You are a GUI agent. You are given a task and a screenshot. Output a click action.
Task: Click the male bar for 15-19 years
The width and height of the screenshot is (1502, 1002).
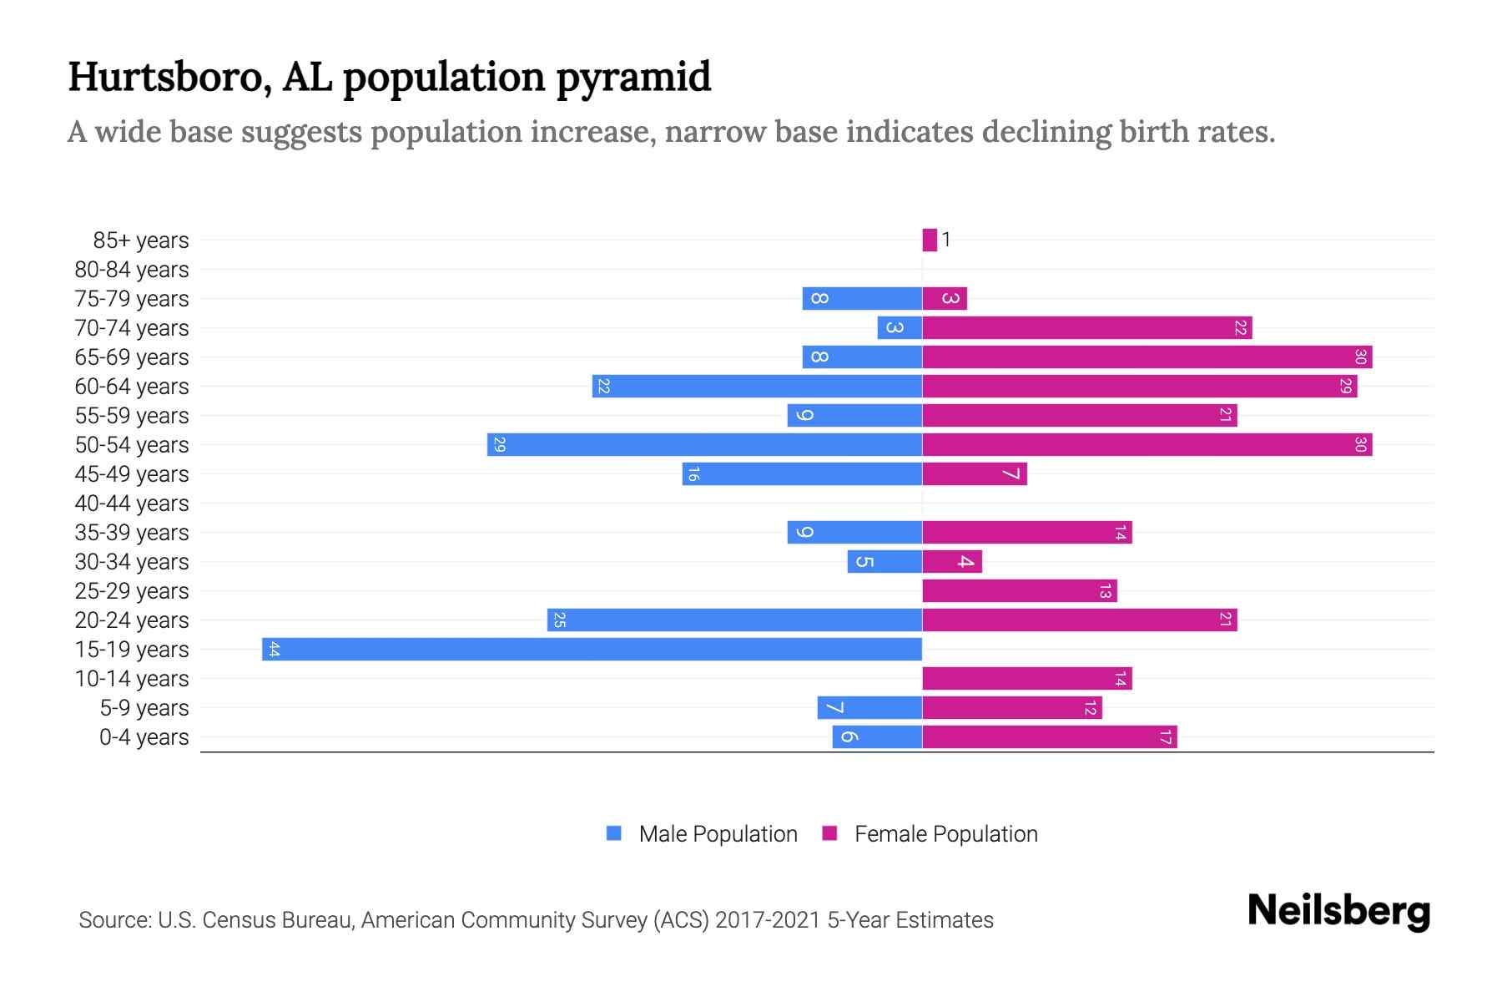[x=592, y=650]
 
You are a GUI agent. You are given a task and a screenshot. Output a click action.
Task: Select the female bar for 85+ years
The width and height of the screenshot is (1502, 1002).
[x=930, y=240]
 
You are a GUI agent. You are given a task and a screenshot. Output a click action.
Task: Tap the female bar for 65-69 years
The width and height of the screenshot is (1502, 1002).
[x=1147, y=357]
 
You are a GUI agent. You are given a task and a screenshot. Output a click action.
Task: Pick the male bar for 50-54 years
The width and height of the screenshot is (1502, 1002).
[x=704, y=445]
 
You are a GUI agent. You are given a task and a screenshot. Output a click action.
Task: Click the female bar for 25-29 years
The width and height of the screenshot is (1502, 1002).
[x=1020, y=591]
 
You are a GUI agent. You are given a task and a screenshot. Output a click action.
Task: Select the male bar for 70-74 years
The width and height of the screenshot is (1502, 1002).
[x=900, y=328]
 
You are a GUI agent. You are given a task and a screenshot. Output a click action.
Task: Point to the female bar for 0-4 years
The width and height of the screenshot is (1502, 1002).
[x=1050, y=737]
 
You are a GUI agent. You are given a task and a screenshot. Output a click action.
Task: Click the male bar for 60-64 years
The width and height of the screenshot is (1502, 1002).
[x=757, y=387]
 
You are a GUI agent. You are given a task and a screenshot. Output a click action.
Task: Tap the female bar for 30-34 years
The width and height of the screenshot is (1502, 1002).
[x=952, y=562]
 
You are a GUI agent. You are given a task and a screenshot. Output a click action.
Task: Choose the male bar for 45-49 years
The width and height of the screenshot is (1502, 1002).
[x=802, y=474]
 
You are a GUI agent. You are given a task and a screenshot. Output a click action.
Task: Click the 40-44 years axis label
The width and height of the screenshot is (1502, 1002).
[x=132, y=504]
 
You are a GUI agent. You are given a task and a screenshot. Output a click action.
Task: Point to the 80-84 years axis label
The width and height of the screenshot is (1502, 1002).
[x=132, y=270]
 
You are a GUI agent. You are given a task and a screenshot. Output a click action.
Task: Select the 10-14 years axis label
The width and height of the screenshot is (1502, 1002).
[x=132, y=679]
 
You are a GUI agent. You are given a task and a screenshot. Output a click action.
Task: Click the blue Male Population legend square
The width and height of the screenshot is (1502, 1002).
[x=614, y=833]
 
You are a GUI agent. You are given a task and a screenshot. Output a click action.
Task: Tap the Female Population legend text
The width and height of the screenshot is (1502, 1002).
[x=945, y=834]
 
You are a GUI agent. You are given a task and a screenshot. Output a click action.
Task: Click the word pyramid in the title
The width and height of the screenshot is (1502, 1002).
[x=633, y=77]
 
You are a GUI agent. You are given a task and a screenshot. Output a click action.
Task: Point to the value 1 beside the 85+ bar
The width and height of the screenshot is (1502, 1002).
[x=946, y=240]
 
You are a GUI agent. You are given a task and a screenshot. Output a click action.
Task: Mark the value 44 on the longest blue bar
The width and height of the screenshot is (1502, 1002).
[x=274, y=650]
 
